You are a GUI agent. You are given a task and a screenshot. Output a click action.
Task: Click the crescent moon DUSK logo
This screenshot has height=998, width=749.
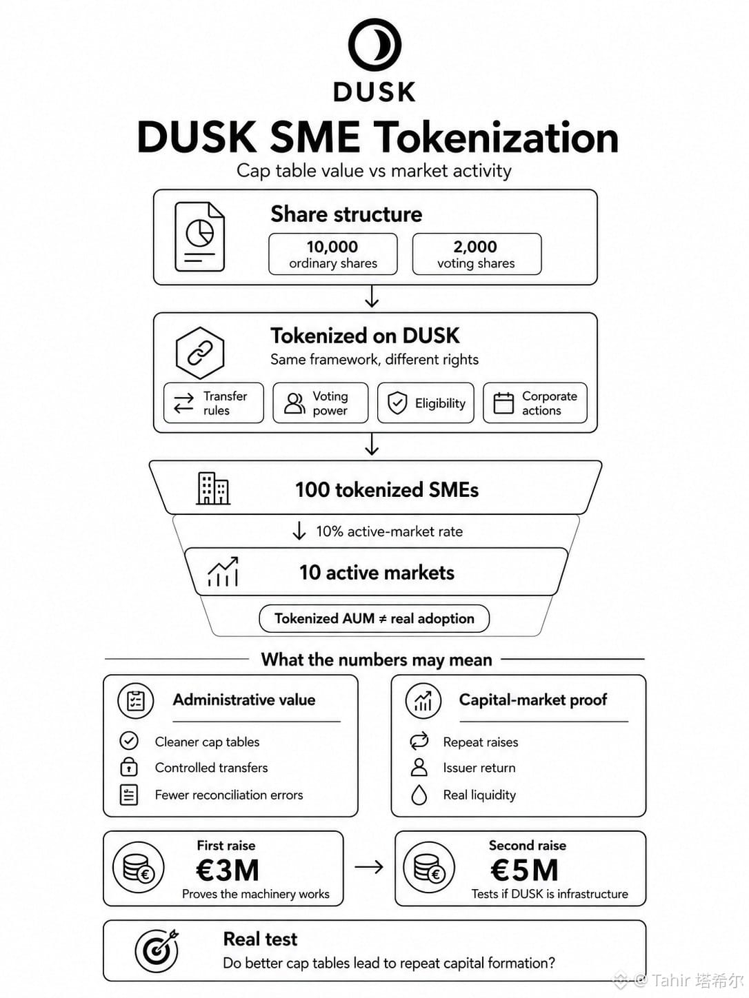(374, 45)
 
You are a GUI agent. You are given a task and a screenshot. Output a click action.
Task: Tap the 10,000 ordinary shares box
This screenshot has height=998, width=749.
(333, 254)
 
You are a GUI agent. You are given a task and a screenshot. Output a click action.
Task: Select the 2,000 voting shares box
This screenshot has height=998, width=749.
(477, 254)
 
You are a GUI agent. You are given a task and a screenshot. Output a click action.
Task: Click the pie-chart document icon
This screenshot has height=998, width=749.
(199, 236)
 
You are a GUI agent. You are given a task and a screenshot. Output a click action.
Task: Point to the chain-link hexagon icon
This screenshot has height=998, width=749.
(200, 353)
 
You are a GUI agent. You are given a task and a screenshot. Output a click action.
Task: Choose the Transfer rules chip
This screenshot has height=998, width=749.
(214, 403)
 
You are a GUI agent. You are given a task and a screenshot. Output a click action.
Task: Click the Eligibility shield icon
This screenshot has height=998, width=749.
(397, 403)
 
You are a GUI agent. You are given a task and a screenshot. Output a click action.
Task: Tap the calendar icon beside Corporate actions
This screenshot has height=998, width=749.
(503, 403)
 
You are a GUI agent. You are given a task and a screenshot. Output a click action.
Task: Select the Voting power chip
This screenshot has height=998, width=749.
(321, 403)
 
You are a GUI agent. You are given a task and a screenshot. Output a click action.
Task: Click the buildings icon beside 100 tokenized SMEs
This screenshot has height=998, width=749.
(213, 488)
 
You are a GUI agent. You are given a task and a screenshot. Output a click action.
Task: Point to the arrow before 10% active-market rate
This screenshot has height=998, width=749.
(299, 531)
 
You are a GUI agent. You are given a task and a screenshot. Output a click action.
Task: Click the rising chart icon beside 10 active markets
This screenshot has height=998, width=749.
(223, 571)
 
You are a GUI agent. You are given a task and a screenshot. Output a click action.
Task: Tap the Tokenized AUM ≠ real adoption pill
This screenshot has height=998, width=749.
(374, 618)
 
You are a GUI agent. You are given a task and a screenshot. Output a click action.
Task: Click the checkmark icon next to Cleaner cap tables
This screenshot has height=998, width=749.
(129, 741)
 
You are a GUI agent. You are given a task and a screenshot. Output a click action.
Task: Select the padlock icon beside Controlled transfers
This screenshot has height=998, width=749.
(129, 766)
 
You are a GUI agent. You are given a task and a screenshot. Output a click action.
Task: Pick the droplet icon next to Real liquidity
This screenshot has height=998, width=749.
(419, 795)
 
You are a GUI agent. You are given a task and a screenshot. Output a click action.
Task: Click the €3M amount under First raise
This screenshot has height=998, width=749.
(228, 870)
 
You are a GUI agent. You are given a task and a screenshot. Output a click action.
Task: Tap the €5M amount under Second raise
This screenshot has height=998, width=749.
(524, 870)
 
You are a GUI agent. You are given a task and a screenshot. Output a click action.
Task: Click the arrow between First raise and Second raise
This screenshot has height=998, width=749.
(369, 868)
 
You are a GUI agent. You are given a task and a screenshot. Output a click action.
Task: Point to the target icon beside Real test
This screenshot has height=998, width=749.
(157, 950)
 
